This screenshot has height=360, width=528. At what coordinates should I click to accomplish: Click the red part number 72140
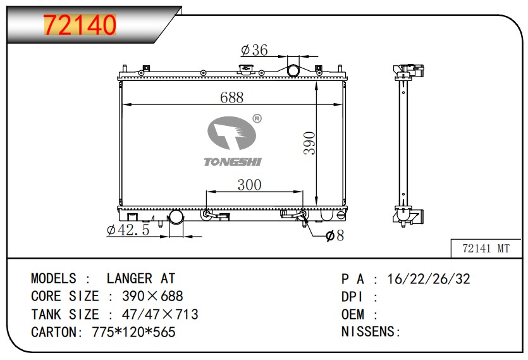(x=80, y=25)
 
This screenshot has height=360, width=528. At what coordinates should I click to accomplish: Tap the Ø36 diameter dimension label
(x=255, y=50)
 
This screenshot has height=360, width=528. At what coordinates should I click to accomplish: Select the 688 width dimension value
(x=231, y=97)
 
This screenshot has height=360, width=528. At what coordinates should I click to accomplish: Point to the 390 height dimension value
(x=309, y=143)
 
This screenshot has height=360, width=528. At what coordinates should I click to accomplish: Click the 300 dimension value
(x=250, y=185)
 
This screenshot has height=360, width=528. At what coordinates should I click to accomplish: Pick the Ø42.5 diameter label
(x=128, y=230)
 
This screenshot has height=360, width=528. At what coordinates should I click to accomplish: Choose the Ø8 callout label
(x=335, y=235)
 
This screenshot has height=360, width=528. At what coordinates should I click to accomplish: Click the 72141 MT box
(x=486, y=249)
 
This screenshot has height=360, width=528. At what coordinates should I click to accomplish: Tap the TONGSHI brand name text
(x=233, y=162)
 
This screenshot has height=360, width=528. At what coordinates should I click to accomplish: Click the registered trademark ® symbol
(x=257, y=119)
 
